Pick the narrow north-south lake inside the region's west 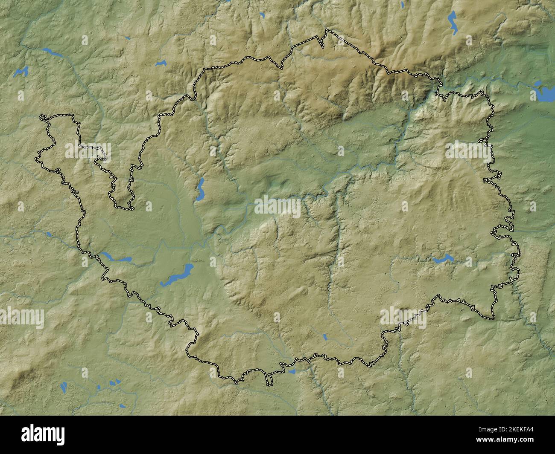200,189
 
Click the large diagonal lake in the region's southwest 177,275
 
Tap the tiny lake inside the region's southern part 325,337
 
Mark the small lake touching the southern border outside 292,371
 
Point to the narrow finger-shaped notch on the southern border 269,379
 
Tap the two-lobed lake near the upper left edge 20,72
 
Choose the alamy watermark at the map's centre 277,206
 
